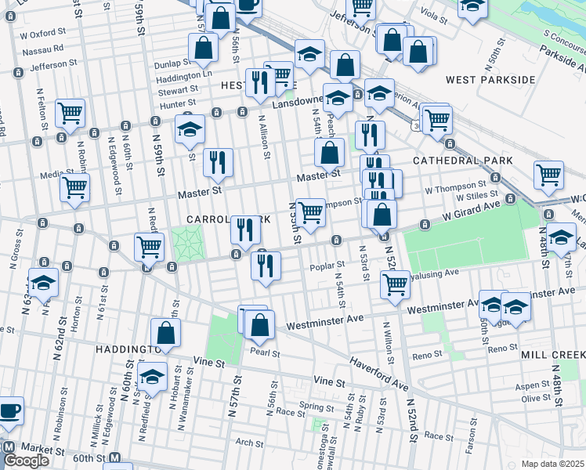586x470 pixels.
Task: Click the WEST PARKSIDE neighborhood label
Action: [490, 80]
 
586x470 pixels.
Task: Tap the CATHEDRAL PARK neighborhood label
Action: [463, 161]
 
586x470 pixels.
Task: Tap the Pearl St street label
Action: [265, 352]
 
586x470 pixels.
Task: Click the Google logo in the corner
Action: [26, 461]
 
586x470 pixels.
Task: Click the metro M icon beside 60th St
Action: [115, 458]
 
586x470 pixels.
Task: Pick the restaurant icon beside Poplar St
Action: [266, 265]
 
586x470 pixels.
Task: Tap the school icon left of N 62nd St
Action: [44, 283]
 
